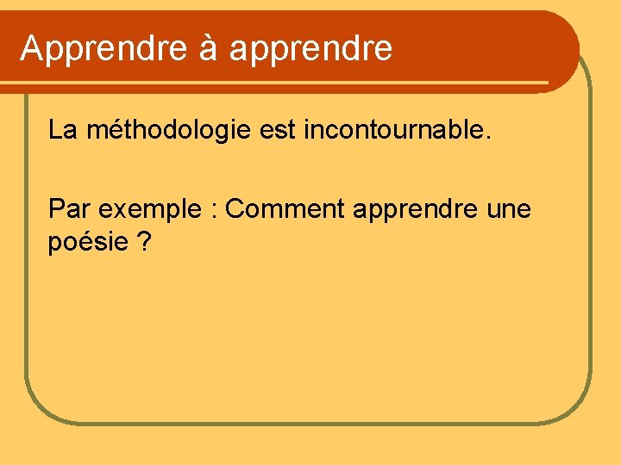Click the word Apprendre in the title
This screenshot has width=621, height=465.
(103, 49)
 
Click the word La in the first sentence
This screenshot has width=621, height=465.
(61, 131)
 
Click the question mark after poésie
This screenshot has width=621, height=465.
(143, 242)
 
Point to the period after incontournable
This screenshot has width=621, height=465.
(488, 139)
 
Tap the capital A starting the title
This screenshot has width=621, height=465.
(32, 48)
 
